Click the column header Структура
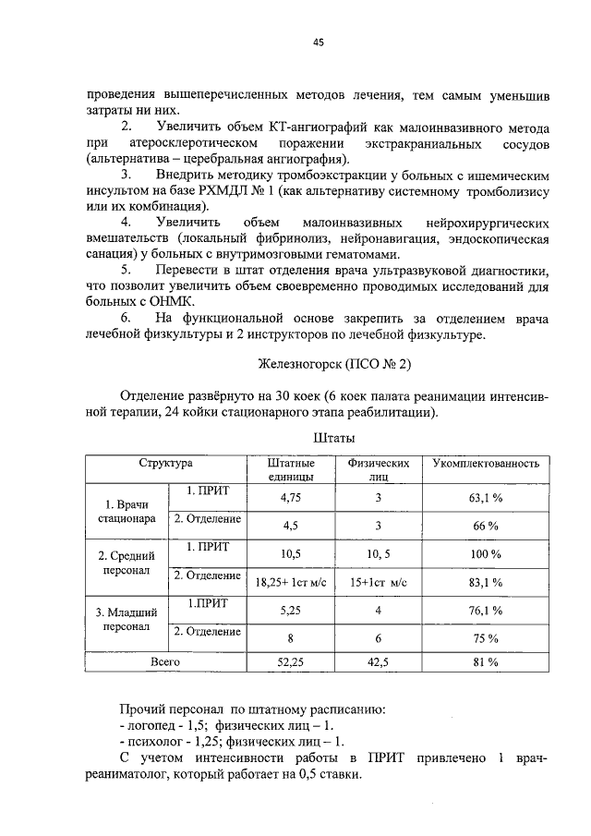165,462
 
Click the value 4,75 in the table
290,497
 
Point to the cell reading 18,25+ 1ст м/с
290,582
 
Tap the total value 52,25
290,662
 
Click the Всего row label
165,661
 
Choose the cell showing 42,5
378,662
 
